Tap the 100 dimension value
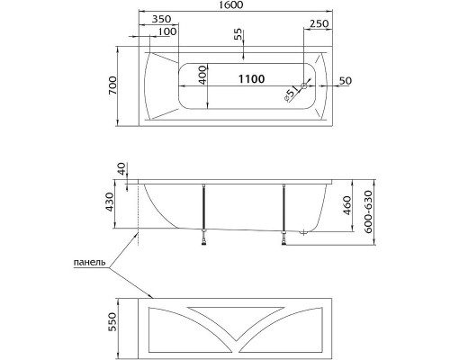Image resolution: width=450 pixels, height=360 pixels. [166, 32]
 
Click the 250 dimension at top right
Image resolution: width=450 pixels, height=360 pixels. [318, 22]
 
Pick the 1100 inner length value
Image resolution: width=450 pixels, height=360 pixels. [251, 80]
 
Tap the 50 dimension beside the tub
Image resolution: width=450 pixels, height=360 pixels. [345, 81]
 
